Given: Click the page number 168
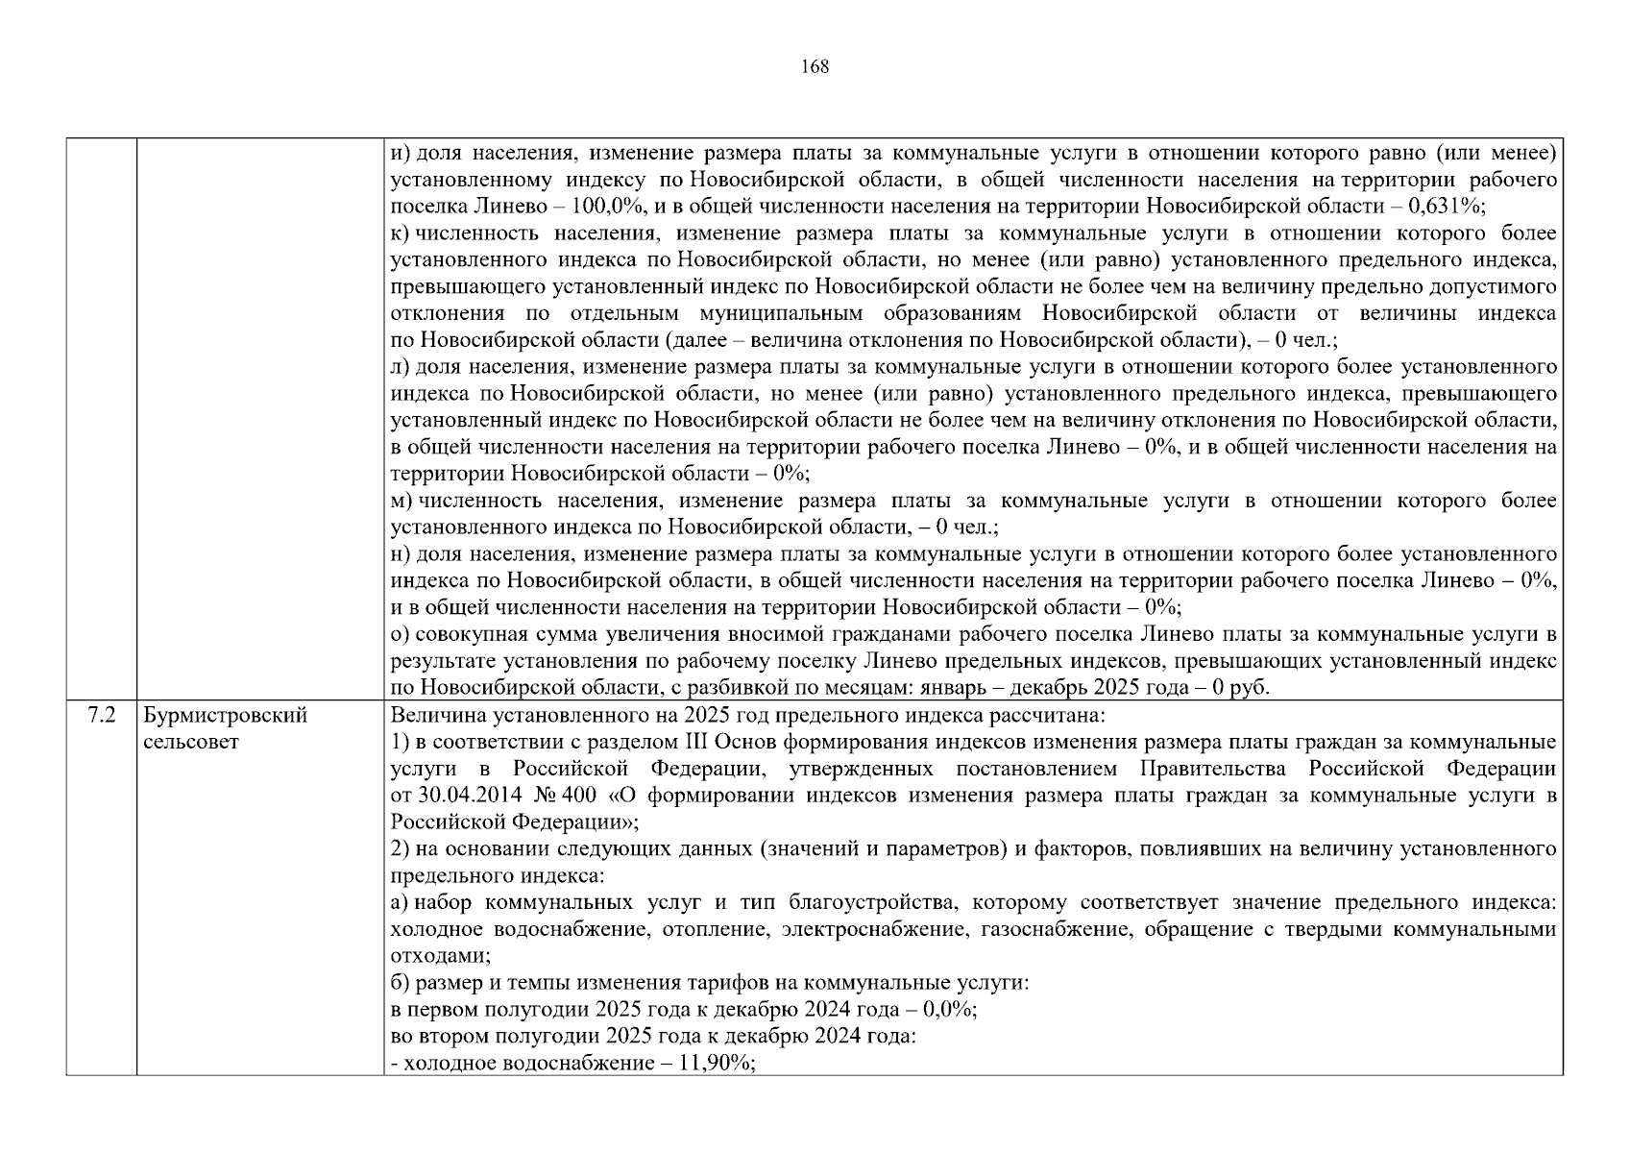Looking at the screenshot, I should click(x=814, y=66).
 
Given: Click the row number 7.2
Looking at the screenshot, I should click(x=101, y=716).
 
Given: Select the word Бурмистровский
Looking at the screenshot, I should click(x=226, y=716).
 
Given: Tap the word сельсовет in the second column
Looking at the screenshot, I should click(x=190, y=743).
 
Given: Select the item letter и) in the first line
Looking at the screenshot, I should click(x=401, y=153).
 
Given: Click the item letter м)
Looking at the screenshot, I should click(x=401, y=501).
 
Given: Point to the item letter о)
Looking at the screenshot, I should click(x=401, y=634).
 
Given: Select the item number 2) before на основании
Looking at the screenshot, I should click(x=401, y=849).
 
